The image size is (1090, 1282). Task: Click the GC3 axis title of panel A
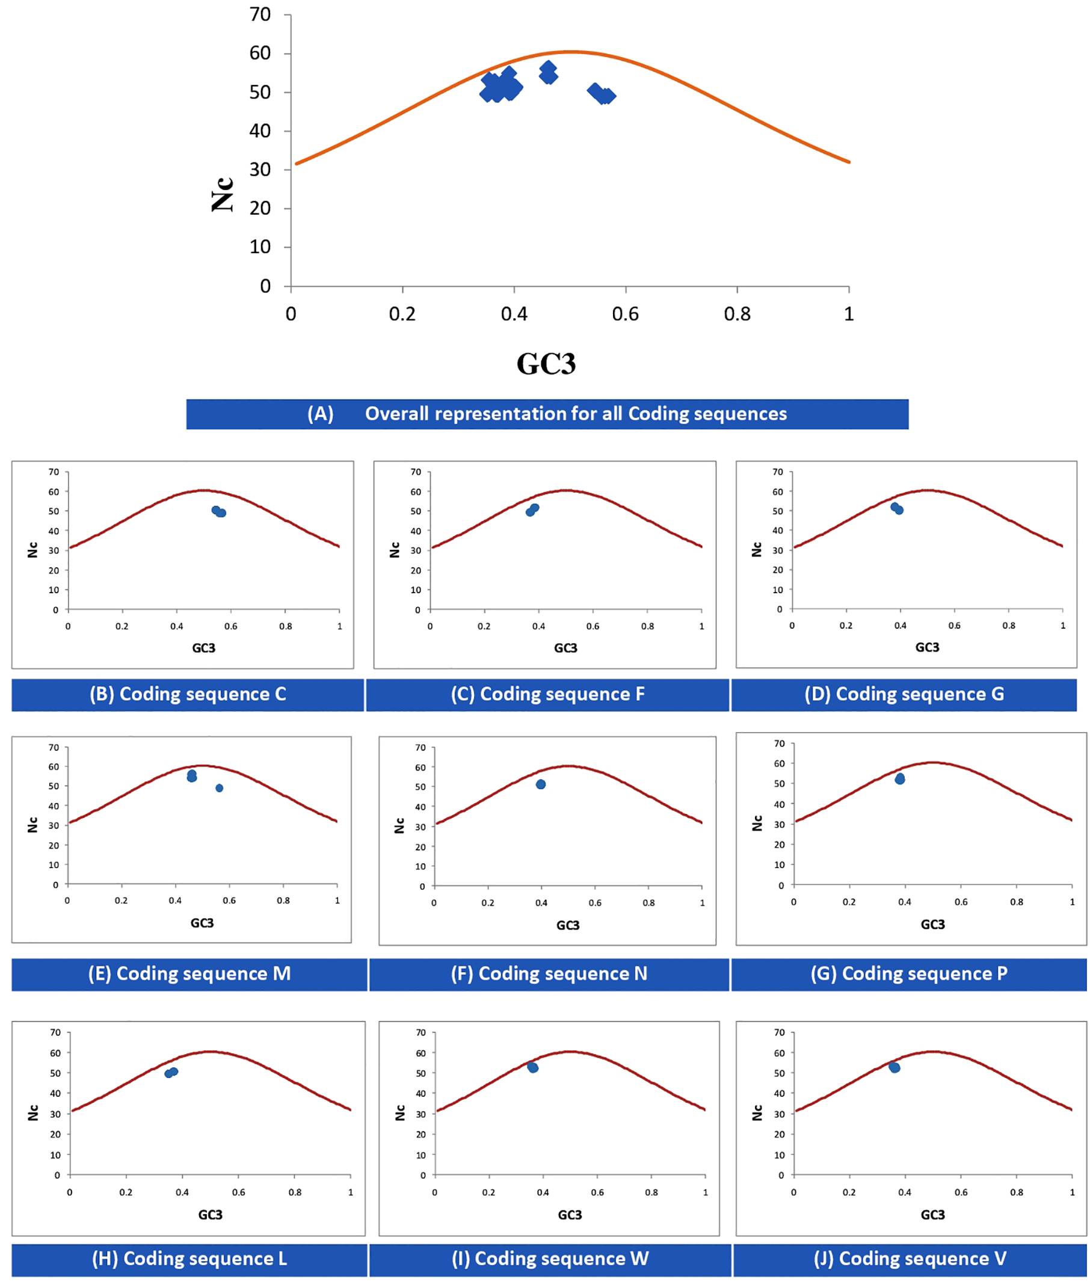546,363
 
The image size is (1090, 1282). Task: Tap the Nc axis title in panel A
223,194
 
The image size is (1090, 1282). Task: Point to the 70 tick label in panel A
260,14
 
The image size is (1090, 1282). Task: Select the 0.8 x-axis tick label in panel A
736,314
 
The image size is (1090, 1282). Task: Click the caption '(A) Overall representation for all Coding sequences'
547,413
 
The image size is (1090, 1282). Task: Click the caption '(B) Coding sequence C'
187,694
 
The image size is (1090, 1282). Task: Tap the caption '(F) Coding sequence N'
548,973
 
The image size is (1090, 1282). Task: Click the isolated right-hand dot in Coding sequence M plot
220,787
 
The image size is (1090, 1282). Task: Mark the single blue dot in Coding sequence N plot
541,784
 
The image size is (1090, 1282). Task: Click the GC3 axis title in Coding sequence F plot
565,647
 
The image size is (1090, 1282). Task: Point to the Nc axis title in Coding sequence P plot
757,823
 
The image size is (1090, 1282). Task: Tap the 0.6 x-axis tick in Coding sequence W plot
597,1192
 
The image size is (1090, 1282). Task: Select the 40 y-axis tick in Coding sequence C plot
54,531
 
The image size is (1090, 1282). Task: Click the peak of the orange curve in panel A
570,52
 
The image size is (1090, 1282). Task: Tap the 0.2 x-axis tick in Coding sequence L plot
126,1192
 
